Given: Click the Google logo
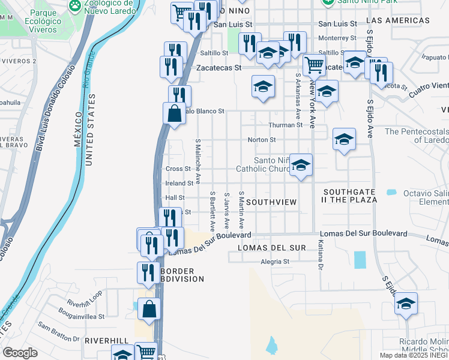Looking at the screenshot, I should tap(20, 353).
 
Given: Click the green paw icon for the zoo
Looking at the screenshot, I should tap(75, 7).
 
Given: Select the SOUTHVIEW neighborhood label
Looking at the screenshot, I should tap(271, 202).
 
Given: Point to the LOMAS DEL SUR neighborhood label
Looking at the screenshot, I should tap(272, 248).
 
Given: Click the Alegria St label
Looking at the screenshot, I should tap(275, 262).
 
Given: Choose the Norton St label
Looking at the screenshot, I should tap(262, 140).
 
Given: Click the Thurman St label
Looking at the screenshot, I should tap(285, 125).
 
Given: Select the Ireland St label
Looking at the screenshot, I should tap(179, 183).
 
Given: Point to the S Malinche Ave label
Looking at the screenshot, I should tap(197, 161).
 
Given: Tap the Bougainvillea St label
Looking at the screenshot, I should tap(82, 316).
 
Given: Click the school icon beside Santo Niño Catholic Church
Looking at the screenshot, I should tap(300, 165).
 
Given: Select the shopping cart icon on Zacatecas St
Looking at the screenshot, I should tap(314, 64).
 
